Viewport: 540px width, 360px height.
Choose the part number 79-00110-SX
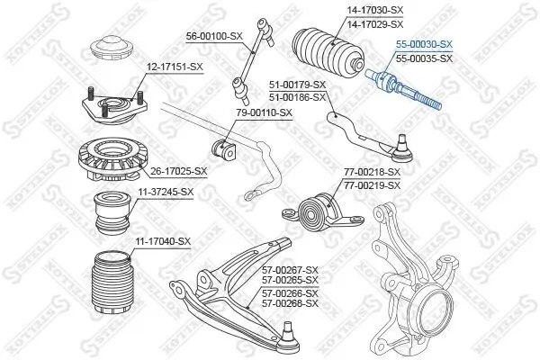263,112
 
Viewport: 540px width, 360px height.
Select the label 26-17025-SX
178,170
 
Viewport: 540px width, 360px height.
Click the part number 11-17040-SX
164,240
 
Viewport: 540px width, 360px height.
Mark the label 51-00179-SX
296,85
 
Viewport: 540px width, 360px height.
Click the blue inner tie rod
404,91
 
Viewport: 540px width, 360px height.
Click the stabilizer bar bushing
221,144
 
